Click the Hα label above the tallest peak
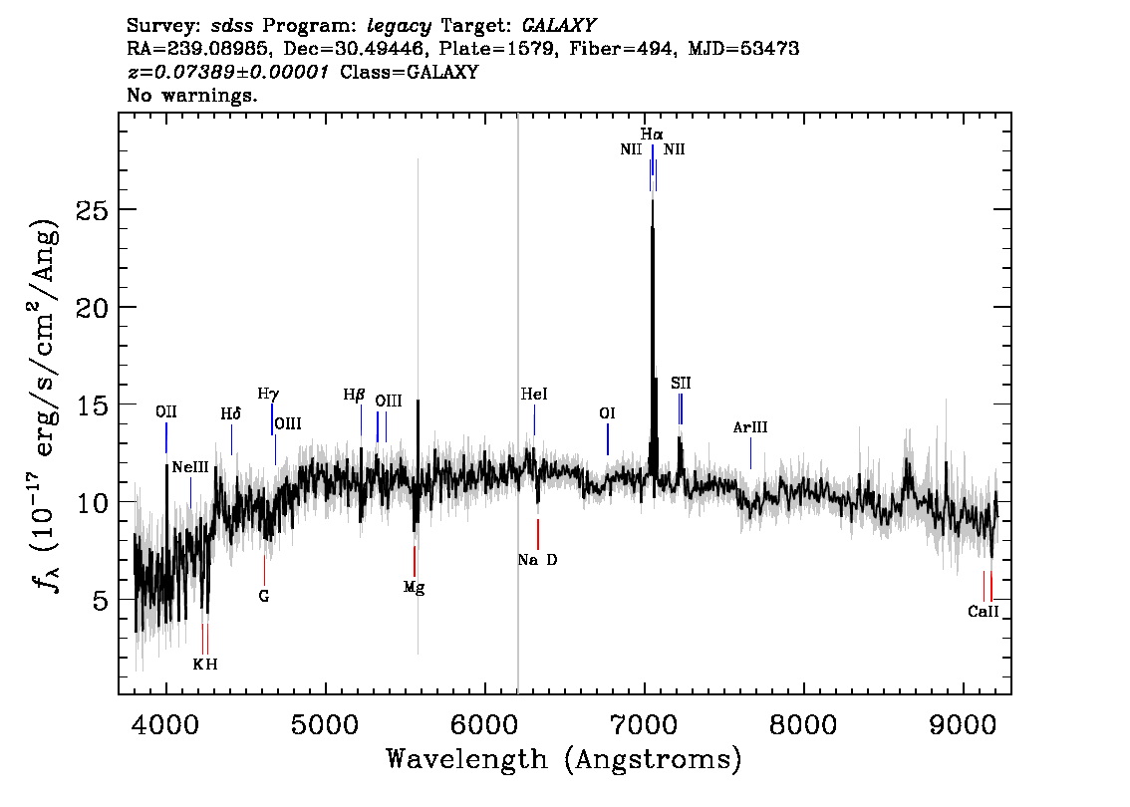point(652,134)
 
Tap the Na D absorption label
point(538,560)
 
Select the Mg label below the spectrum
point(414,587)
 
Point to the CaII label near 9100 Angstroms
point(983,612)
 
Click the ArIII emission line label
point(750,427)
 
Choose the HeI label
point(534,395)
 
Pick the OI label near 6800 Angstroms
point(608,412)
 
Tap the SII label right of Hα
point(681,383)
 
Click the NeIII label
point(190,467)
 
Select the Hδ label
point(230,414)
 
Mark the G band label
point(264,596)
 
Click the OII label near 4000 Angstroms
point(166,411)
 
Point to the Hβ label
point(354,395)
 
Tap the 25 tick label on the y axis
point(93,209)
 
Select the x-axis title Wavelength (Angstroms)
point(564,759)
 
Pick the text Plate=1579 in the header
point(476,48)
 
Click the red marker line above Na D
point(538,534)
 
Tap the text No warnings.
point(192,95)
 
